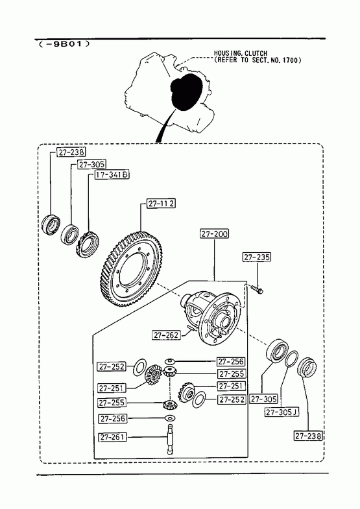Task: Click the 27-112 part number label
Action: click(162, 204)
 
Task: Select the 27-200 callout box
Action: click(214, 233)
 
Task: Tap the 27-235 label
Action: click(257, 257)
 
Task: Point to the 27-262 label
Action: click(166, 335)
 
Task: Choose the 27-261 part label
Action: click(112, 437)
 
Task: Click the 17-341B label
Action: click(112, 174)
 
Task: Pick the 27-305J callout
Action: click(282, 412)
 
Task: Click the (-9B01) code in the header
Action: click(64, 44)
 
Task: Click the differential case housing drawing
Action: click(211, 317)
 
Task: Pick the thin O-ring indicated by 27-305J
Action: click(291, 359)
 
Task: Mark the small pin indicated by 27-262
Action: click(191, 328)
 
